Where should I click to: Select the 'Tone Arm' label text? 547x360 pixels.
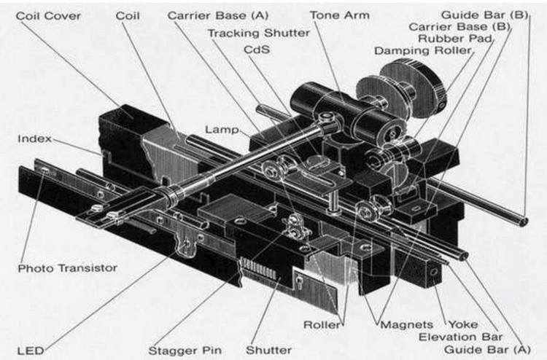339,15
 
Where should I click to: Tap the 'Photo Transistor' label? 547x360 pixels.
68,268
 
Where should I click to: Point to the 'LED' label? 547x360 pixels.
31,351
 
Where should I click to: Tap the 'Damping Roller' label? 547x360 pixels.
423,50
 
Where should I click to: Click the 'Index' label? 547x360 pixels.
35,138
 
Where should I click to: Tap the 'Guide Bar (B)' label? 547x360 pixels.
484,15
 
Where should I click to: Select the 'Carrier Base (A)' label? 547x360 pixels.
217,15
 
